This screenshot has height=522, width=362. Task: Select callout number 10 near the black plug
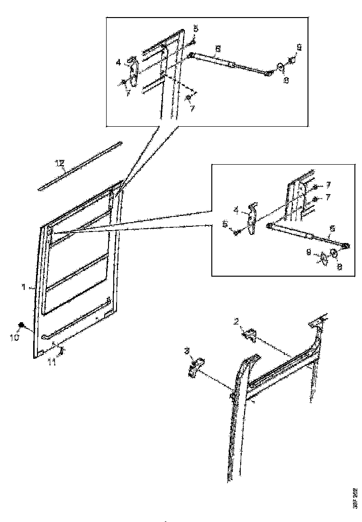[15, 337]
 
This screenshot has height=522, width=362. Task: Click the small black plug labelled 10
[22, 326]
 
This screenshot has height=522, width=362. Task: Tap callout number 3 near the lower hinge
[188, 351]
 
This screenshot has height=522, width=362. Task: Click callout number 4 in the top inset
[119, 61]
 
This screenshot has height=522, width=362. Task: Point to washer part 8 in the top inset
[280, 66]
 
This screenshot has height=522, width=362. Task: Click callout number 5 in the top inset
[195, 29]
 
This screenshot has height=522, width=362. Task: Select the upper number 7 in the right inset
[327, 185]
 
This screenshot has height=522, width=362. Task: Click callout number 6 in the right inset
[332, 228]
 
